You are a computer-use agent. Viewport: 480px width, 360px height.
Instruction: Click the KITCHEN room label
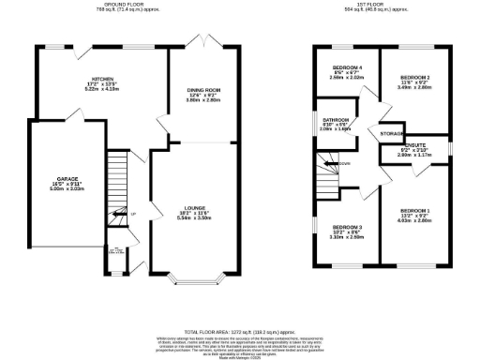tap(102, 78)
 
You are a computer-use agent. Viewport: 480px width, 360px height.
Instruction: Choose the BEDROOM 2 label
tap(414, 76)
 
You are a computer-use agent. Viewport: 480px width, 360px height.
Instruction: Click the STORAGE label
tap(392, 134)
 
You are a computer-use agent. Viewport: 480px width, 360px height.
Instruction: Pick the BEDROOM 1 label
tap(414, 210)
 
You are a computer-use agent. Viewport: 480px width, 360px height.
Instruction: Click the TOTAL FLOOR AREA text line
tap(240, 332)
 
